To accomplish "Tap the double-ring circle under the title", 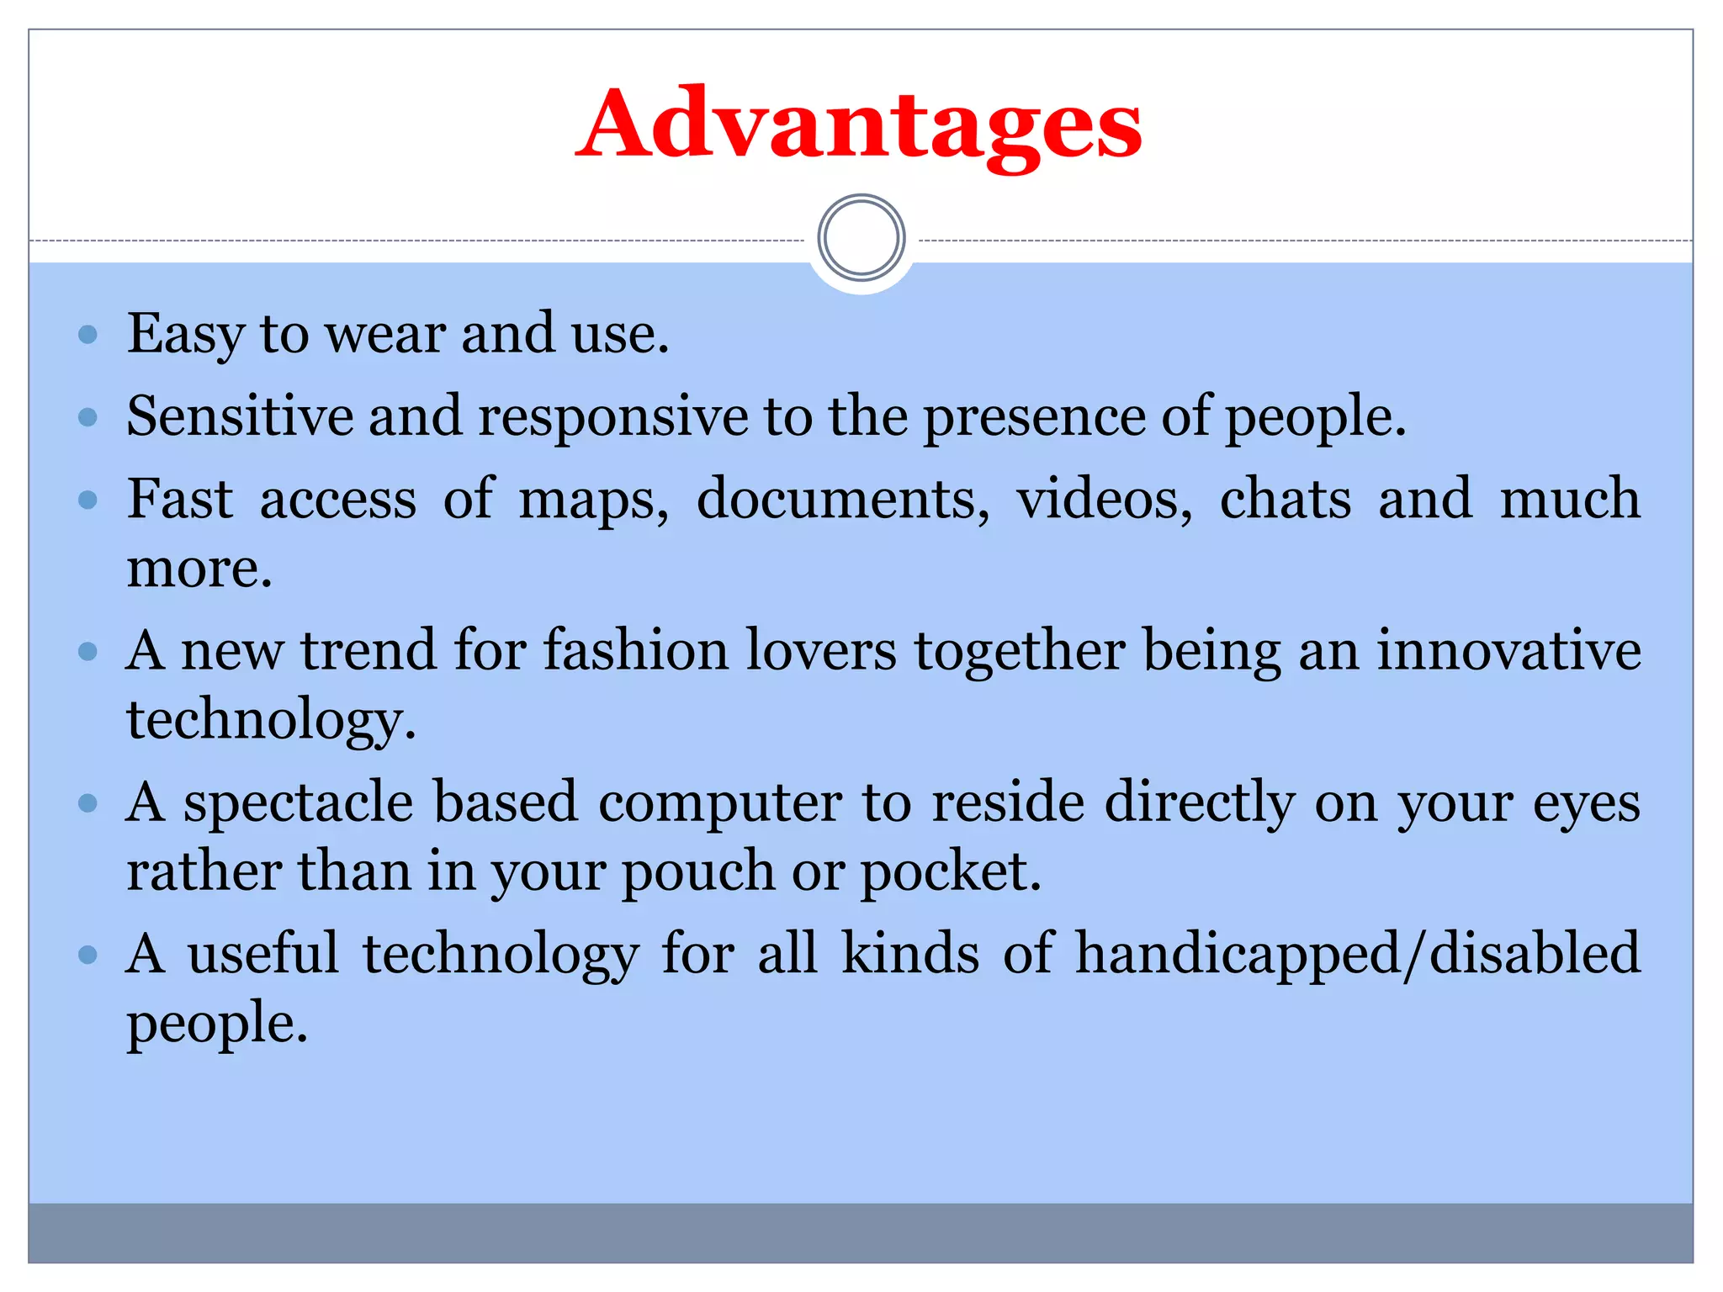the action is point(861,238).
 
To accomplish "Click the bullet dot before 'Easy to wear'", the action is point(87,336).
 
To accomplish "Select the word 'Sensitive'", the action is point(239,416).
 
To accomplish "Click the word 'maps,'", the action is point(593,500).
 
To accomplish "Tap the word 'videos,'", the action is point(1105,500).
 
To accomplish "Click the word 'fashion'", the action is point(635,651).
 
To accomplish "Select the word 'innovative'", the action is point(1508,651).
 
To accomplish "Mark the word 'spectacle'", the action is point(298,803).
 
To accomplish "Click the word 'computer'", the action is point(719,803).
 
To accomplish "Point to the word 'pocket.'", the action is point(951,871).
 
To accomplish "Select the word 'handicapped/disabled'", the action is point(1357,955).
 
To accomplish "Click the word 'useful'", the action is point(262,954).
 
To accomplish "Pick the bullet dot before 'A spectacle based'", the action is point(87,803).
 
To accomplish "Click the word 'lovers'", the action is point(821,651).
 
